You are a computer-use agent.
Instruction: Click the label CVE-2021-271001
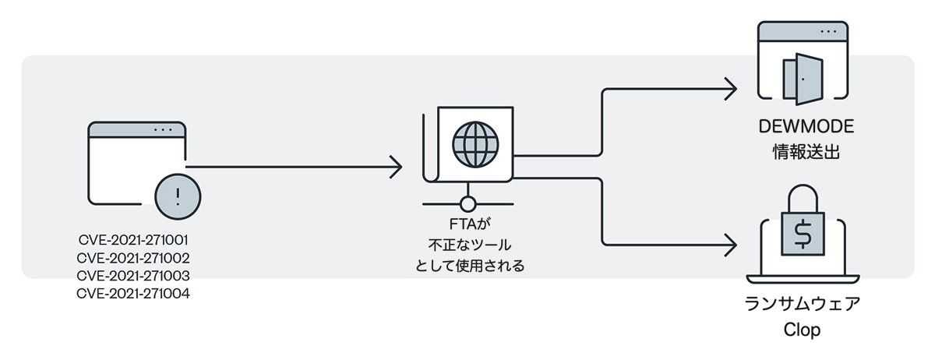(134, 240)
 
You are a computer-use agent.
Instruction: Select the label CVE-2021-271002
(134, 258)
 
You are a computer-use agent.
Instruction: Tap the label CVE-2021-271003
(134, 276)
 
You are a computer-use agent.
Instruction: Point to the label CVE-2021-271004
(134, 294)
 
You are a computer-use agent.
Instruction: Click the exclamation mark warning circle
(178, 195)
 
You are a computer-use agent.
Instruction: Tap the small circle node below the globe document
(467, 205)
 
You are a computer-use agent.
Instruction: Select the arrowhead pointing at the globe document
(396, 166)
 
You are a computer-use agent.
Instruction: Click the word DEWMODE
(802, 128)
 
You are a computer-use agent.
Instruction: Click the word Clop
(802, 330)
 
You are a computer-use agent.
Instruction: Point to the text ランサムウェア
(802, 305)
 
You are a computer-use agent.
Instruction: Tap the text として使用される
(467, 266)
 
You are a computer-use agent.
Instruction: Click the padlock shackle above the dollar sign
(802, 199)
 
